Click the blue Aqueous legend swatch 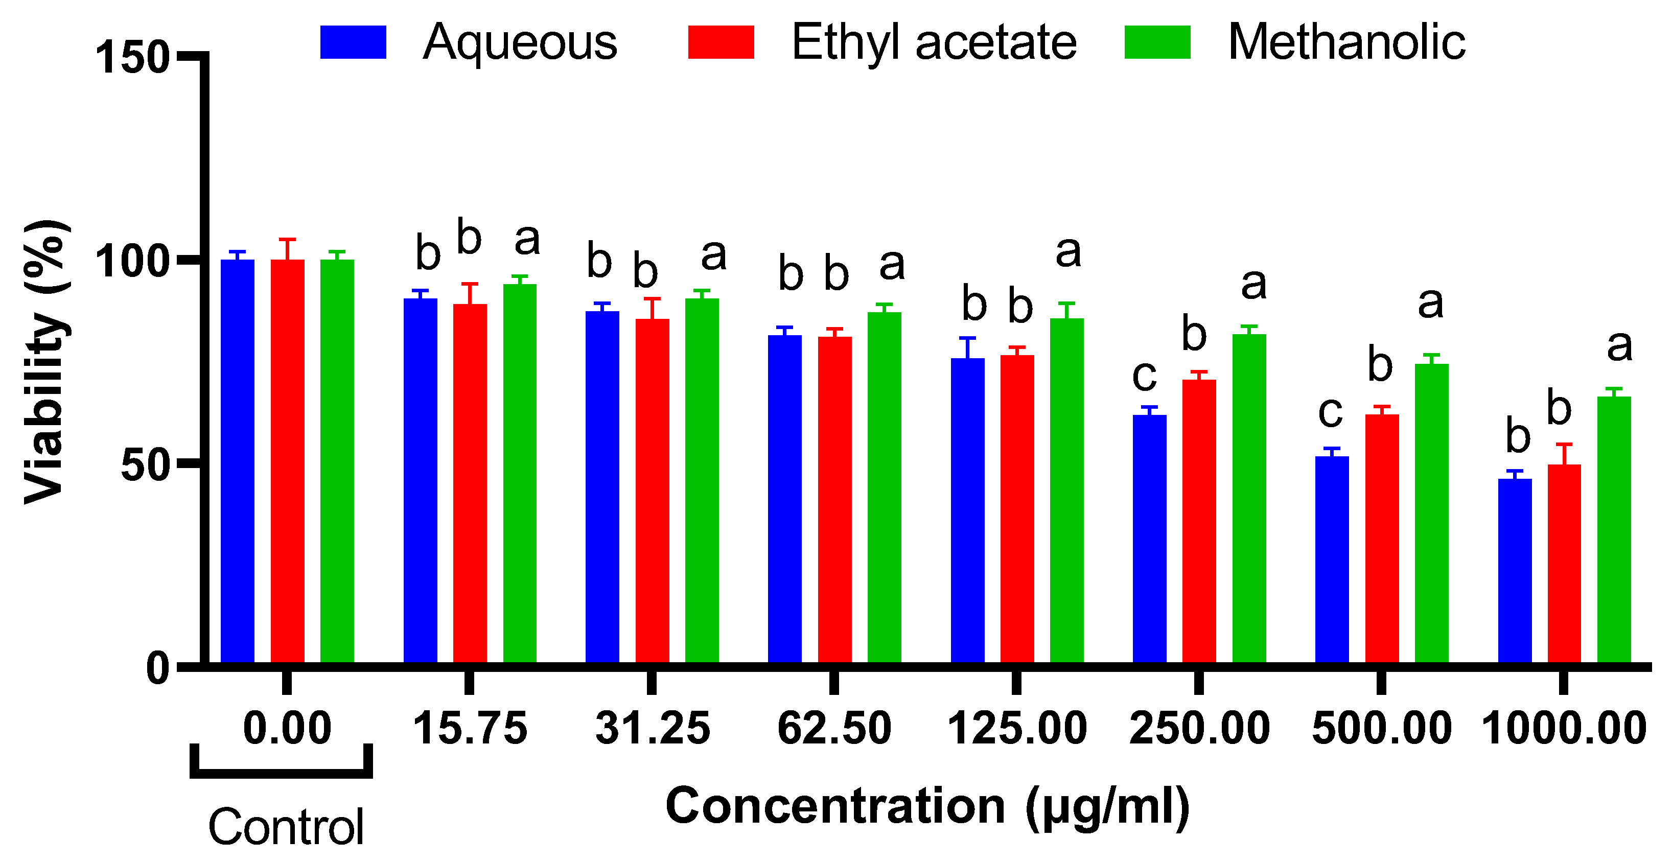point(353,42)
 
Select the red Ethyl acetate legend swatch point(721,42)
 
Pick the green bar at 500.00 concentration point(1431,513)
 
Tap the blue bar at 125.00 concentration point(967,509)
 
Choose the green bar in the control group point(337,461)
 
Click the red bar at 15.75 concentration point(470,483)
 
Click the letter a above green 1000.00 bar point(1619,345)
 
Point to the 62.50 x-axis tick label point(834,728)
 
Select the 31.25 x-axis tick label point(653,728)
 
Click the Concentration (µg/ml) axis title point(927,807)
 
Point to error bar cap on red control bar point(288,240)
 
